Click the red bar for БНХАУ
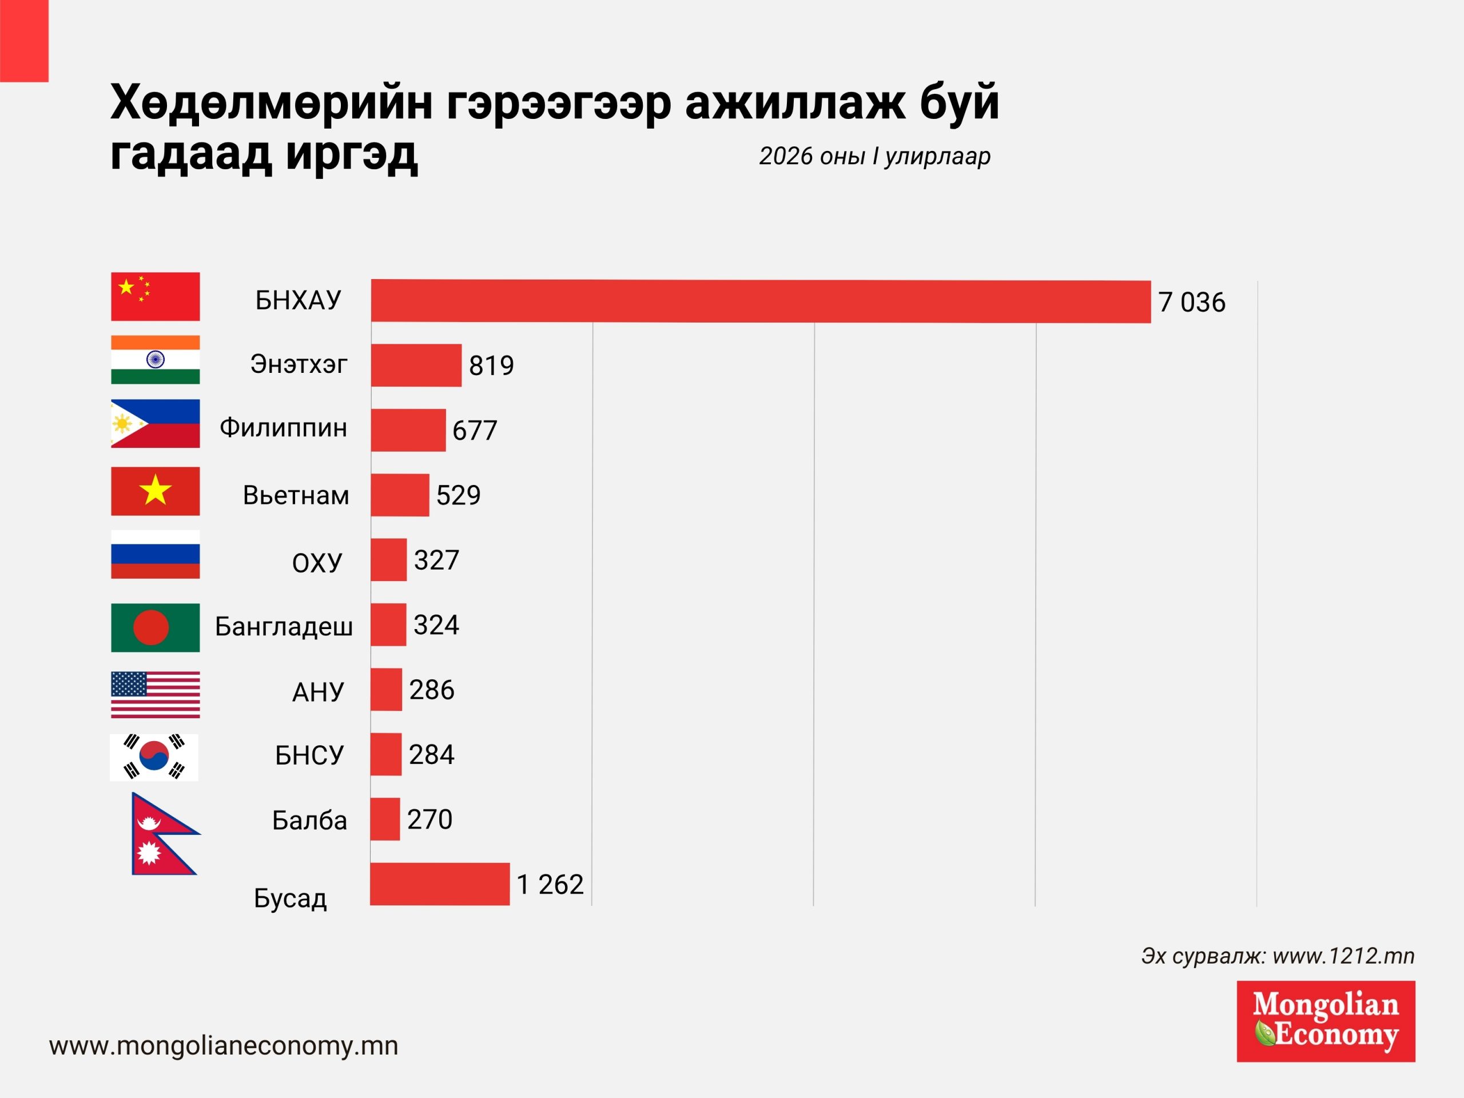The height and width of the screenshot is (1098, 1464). coord(761,301)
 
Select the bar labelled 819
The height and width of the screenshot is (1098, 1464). coord(416,365)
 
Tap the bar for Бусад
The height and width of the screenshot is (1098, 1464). coord(439,884)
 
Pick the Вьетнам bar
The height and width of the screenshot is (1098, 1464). coord(400,495)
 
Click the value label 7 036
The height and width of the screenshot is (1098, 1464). coord(1191,303)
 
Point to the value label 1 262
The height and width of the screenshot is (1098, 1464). coord(550,884)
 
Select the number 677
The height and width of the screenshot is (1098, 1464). coord(475,430)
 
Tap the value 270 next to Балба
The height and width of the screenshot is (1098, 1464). coord(429,819)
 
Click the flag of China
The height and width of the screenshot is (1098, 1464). coord(156,296)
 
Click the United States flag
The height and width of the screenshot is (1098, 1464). coord(156,694)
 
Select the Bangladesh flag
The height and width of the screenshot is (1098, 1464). coord(156,627)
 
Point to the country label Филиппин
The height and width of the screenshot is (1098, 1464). coord(283,428)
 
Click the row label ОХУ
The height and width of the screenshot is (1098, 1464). coord(317,563)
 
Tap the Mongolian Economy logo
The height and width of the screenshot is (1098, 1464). coord(1326,1021)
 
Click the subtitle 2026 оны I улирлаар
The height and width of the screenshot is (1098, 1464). coord(874,156)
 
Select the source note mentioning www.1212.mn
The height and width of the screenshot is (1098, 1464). coord(1278,956)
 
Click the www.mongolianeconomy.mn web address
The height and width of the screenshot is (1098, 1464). coord(224,1046)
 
